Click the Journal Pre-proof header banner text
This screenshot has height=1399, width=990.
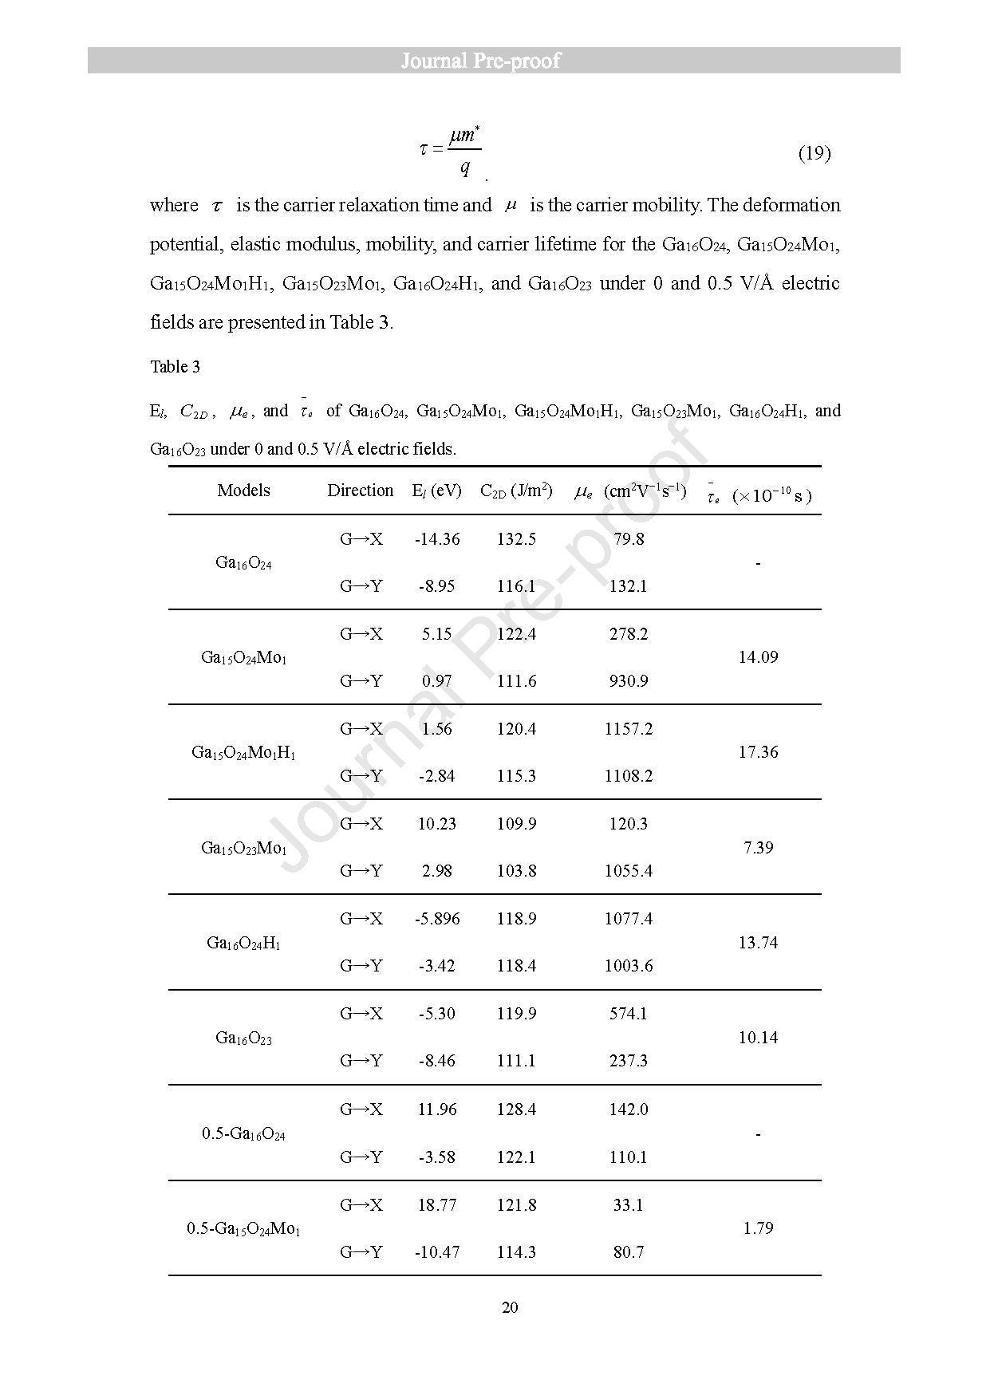(x=480, y=61)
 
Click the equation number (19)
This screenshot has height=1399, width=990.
(x=814, y=153)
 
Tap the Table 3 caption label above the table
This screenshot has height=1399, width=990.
(x=176, y=367)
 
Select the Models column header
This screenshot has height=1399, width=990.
(x=243, y=491)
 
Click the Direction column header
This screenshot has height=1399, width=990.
(x=360, y=491)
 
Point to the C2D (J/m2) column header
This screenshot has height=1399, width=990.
(x=516, y=491)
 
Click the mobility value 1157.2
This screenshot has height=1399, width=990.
(x=628, y=729)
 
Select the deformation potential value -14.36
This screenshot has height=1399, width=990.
(x=437, y=539)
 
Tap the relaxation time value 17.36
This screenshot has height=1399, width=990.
(x=758, y=752)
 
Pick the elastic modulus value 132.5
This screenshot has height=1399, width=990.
(x=516, y=539)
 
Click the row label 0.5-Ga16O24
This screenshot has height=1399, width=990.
(x=243, y=1133)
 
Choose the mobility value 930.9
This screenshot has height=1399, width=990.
(x=628, y=681)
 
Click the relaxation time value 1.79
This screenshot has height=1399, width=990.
(x=758, y=1228)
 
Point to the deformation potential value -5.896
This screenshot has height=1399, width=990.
(x=437, y=919)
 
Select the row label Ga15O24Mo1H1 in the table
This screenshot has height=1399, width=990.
(x=243, y=752)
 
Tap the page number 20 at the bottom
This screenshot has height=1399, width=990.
(x=511, y=1307)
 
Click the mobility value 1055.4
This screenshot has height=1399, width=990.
(x=628, y=871)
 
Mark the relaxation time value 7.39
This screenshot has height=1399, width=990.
(x=758, y=847)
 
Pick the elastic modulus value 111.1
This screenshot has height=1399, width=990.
(x=516, y=1061)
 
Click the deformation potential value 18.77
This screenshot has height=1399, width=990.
(x=437, y=1205)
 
